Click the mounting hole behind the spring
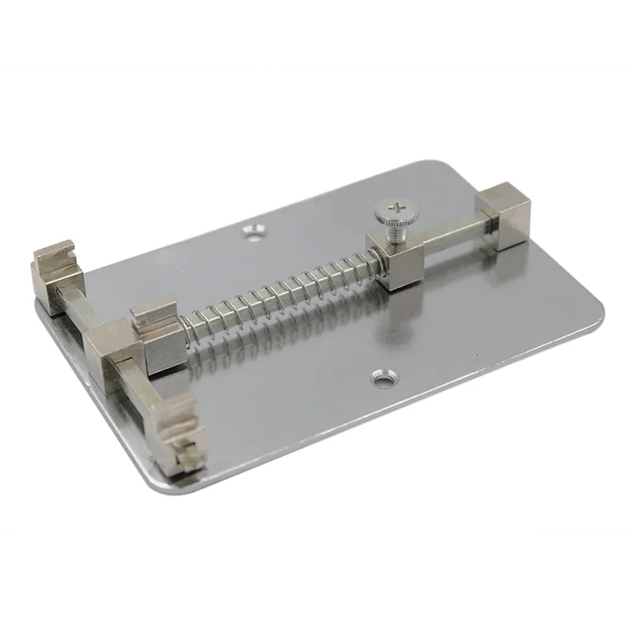click(254, 231)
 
